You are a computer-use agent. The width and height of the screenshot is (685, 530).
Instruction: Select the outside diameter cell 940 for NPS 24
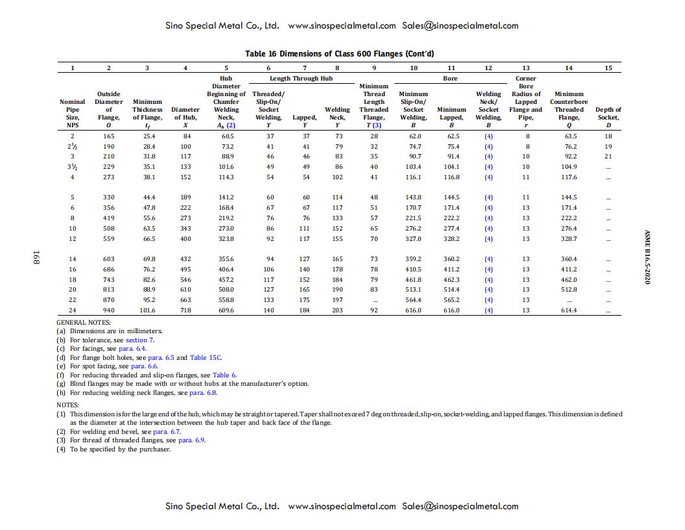108,310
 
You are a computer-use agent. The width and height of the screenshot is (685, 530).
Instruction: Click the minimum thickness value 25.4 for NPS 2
147,136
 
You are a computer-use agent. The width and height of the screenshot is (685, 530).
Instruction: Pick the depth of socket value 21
608,157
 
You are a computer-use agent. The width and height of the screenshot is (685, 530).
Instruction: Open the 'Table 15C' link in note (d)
206,357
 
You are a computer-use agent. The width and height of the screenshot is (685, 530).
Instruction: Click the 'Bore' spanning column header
450,78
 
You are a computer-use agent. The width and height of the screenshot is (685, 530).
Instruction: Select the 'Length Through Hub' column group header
303,78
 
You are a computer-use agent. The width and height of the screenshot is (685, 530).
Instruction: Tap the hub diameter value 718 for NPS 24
186,310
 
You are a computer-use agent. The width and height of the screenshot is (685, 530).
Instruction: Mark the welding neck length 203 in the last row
337,310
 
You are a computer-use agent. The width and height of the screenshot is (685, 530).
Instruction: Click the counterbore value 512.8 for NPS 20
568,290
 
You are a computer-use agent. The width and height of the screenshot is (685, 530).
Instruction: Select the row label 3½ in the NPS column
72,167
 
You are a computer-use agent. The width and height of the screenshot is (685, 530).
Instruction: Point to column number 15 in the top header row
608,68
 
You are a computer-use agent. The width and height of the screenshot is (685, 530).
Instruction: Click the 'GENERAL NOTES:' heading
84,322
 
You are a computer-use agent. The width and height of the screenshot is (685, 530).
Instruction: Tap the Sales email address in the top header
460,26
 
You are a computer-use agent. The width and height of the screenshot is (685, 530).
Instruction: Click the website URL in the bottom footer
341,506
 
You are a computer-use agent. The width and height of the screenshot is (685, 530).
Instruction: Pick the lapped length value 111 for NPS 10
306,229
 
